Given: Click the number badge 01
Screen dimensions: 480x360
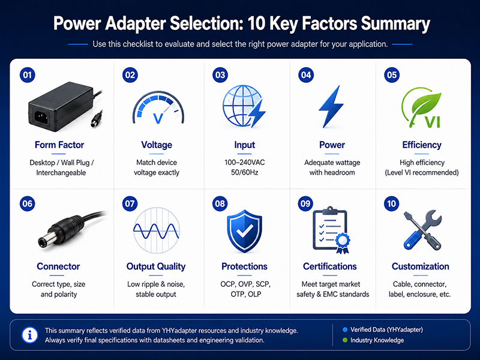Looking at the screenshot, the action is click(x=28, y=75).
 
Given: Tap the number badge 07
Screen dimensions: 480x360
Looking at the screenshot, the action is click(x=130, y=203).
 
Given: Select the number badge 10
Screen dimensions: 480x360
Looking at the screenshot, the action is click(x=392, y=203).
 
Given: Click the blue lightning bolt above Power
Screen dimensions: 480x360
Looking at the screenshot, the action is click(x=331, y=106).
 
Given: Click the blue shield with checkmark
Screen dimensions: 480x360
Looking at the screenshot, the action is click(x=244, y=231).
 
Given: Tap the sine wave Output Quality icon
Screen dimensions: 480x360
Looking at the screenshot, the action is click(x=157, y=230).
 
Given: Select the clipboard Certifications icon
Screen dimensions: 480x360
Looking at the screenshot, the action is click(x=331, y=230).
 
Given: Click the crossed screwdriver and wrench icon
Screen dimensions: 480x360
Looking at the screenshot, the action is click(x=422, y=230).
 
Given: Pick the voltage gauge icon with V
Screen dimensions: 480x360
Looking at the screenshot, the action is click(x=158, y=108).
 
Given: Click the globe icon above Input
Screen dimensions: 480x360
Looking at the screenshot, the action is click(x=244, y=106).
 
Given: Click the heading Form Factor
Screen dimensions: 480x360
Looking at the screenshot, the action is click(x=59, y=145).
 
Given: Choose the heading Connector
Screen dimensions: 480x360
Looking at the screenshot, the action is click(x=58, y=266).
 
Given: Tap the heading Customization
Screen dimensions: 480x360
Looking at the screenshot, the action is click(x=421, y=266).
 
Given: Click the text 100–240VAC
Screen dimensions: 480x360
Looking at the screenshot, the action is click(x=245, y=162).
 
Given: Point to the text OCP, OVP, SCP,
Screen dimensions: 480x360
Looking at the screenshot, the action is click(x=245, y=284).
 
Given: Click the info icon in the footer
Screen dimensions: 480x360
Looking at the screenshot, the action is click(x=29, y=335).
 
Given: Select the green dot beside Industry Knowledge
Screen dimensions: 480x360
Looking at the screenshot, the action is click(x=345, y=340).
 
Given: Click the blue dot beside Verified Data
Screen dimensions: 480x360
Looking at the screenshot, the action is click(x=345, y=329).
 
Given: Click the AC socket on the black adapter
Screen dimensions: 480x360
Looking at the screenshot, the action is click(x=41, y=117).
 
